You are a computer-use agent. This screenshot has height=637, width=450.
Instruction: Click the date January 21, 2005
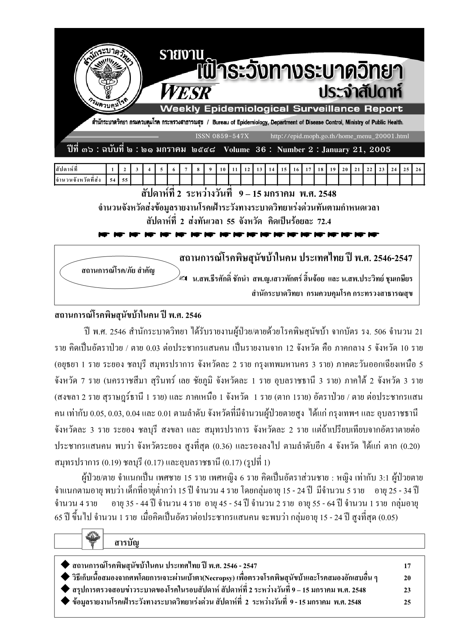click(356, 149)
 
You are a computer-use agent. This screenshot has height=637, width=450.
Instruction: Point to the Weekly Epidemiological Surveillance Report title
click(281, 109)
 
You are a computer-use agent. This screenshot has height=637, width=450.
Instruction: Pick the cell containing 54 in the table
click(112, 180)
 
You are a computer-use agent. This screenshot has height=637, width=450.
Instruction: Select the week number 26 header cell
click(418, 169)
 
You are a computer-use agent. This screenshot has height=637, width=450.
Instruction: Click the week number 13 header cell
click(259, 169)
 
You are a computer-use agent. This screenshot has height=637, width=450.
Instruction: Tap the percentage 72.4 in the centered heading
click(323, 221)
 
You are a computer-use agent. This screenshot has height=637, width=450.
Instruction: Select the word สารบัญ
click(126, 543)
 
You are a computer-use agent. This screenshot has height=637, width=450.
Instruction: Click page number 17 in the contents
click(407, 566)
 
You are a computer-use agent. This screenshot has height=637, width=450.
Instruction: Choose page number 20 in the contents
click(407, 578)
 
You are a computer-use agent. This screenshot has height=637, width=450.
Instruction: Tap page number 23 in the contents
click(407, 590)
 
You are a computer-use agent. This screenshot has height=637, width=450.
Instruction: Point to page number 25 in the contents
click(407, 602)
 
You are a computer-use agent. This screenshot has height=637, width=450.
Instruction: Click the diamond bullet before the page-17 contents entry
click(65, 566)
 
